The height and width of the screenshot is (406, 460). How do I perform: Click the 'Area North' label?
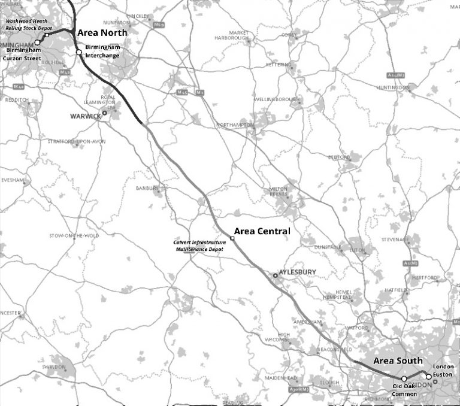102,34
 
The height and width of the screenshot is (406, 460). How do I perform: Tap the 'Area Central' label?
262,231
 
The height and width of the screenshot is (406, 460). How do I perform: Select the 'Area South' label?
398,360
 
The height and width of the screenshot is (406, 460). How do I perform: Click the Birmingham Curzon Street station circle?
37,43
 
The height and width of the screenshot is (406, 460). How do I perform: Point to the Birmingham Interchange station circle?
78,52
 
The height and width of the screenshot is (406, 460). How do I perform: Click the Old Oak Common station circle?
404,378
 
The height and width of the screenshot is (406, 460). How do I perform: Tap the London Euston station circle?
428,377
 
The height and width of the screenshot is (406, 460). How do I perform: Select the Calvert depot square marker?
232,238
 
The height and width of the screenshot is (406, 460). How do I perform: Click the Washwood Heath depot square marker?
46,35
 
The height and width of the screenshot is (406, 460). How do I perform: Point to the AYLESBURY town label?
298,272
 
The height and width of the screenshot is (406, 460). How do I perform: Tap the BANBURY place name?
147,187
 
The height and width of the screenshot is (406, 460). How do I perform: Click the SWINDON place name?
54,365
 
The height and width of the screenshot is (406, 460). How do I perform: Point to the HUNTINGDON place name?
392,87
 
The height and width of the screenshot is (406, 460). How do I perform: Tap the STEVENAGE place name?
395,239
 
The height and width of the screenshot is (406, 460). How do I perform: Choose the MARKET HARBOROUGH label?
235,35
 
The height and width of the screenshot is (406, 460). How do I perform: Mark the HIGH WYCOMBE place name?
280,337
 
